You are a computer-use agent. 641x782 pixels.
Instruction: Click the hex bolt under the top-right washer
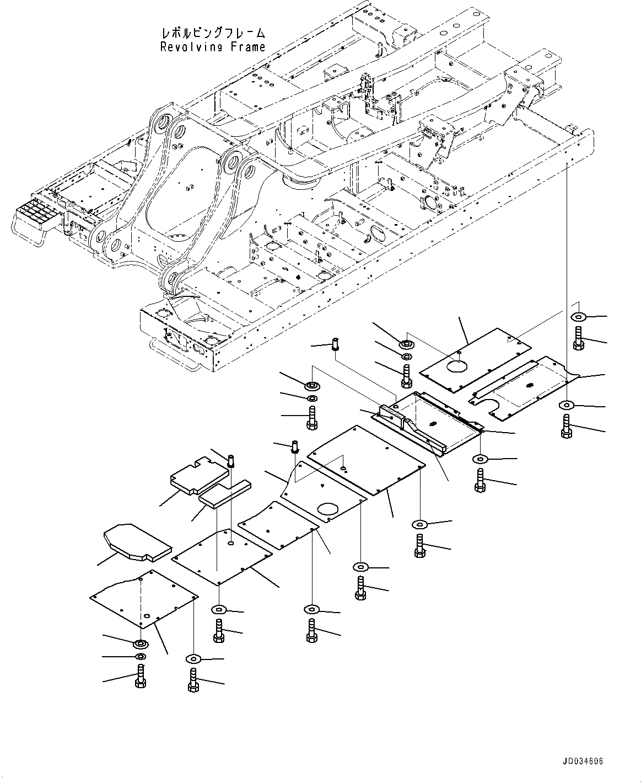point(578,338)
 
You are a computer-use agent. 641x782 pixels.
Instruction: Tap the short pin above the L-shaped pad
point(231,459)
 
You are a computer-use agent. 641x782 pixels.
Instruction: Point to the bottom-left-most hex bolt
point(139,675)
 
